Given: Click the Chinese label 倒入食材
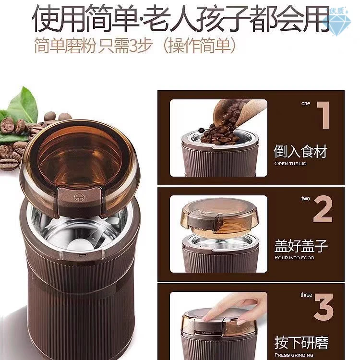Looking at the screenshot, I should pyautogui.click(x=300, y=152).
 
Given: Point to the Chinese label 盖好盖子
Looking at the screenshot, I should pyautogui.click(x=300, y=247).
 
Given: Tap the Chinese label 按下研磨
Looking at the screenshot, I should pyautogui.click(x=301, y=342).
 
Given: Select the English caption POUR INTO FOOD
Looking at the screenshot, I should pyautogui.click(x=294, y=258).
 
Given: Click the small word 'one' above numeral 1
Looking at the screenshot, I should pyautogui.click(x=306, y=103).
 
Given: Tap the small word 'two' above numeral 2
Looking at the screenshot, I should pyautogui.click(x=306, y=198).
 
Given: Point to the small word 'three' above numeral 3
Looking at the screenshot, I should pyautogui.click(x=306, y=294).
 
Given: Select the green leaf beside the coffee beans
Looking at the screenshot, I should pyautogui.click(x=24, y=106).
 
